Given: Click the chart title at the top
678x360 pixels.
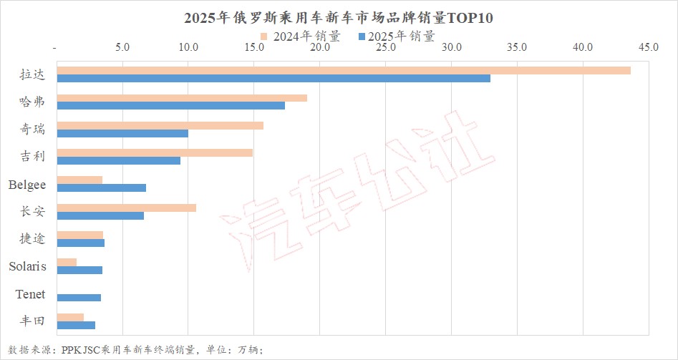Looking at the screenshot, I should [x=339, y=17].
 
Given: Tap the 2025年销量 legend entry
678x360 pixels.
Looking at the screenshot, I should [x=397, y=36].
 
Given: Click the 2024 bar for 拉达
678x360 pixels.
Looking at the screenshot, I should [x=343, y=70].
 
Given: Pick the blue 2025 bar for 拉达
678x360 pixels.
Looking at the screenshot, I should [x=273, y=78].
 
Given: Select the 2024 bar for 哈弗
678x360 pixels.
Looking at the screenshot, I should [x=181, y=97].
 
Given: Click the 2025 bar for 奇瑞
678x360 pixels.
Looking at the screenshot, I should [x=122, y=133].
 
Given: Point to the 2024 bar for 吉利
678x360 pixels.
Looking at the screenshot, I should [x=154, y=152].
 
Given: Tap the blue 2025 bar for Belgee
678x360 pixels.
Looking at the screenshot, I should [x=101, y=188].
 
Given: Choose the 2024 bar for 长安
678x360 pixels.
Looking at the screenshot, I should [x=126, y=208].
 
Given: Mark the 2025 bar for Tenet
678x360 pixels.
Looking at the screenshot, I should [x=79, y=298].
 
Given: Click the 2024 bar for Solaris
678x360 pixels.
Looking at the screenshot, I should [x=67, y=262].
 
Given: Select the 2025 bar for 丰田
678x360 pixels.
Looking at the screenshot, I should [x=76, y=325].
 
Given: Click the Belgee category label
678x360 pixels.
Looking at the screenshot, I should [x=27, y=185].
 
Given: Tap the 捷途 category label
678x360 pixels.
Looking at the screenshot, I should [x=32, y=239].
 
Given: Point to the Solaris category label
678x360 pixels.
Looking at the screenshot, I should [x=27, y=267].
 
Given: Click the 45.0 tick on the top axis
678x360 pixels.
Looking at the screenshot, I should [x=648, y=47].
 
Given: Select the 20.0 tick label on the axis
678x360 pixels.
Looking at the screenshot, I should [x=320, y=47].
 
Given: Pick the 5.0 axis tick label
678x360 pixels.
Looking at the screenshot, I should [x=122, y=47].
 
